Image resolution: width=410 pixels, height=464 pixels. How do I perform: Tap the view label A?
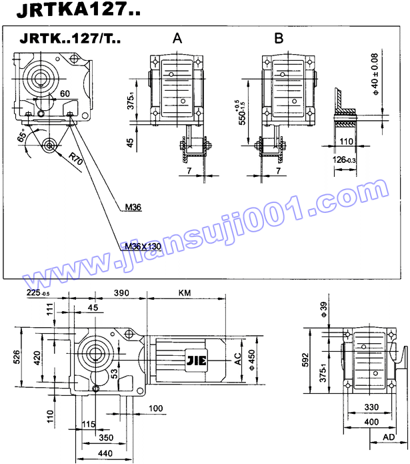(x=177, y=39)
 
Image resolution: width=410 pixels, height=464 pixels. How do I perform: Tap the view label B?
(x=279, y=39)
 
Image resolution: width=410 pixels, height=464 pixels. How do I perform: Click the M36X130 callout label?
(x=144, y=246)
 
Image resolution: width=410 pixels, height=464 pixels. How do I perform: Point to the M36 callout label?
(x=133, y=207)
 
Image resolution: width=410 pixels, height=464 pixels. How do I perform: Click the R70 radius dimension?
(x=75, y=160)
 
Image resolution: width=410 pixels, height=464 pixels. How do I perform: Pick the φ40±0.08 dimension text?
(x=375, y=75)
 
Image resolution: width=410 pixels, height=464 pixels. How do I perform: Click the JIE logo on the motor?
(x=199, y=363)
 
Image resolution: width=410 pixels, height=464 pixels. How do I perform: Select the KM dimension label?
(x=185, y=293)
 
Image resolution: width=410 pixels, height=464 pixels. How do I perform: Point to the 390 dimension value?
(x=121, y=293)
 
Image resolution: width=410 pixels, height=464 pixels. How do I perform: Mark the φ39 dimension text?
(x=324, y=308)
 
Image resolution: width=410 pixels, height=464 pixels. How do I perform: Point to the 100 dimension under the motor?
(x=155, y=408)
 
